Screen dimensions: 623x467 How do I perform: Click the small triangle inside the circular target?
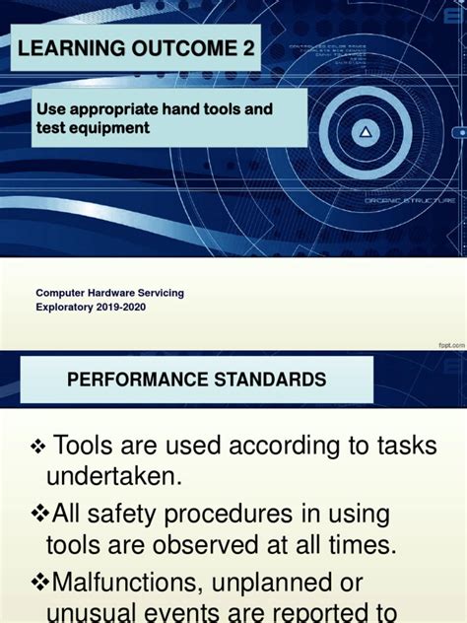(367, 131)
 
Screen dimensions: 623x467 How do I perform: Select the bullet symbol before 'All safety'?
(39, 514)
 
